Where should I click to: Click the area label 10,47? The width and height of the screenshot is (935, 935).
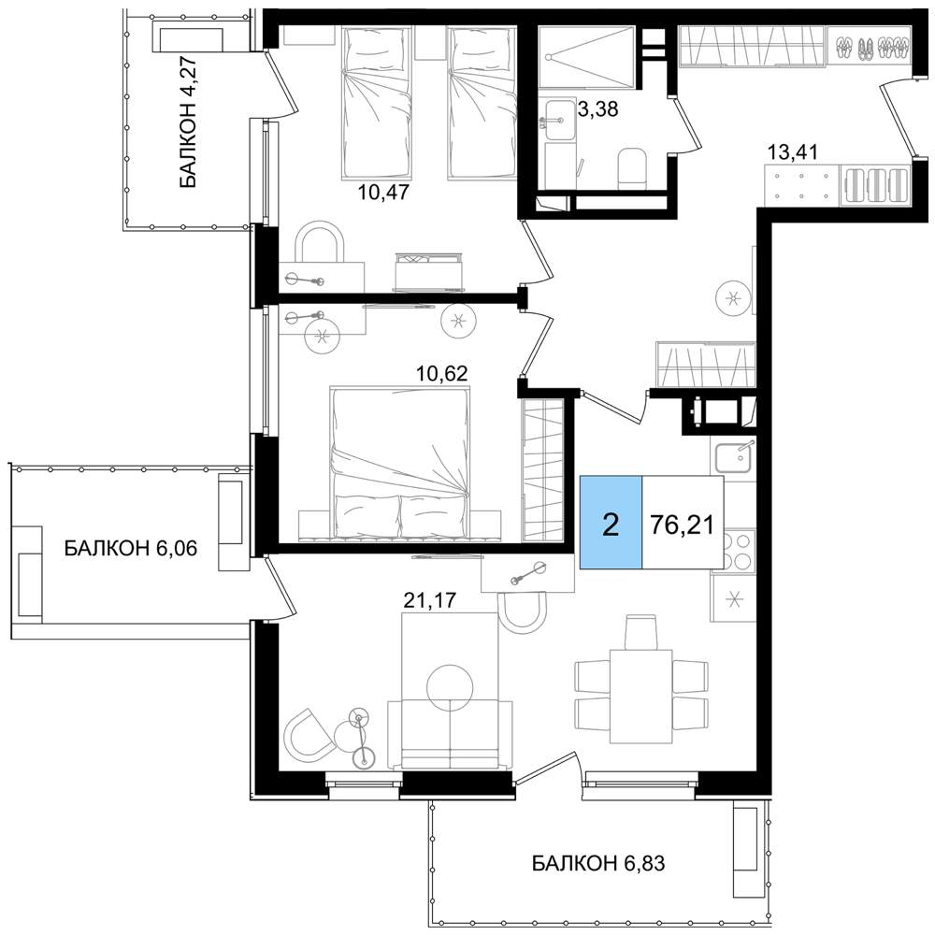tap(384, 192)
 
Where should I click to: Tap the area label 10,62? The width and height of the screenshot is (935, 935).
tap(442, 373)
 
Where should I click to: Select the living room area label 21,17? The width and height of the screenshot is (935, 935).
tap(429, 599)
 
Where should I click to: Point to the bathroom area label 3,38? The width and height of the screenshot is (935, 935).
tap(598, 109)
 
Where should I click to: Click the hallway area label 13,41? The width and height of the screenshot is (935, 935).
tap(793, 152)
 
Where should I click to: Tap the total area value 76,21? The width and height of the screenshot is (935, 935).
tap(683, 525)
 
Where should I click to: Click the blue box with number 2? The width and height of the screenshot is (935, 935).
tap(611, 523)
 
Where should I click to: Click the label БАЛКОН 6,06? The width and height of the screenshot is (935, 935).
tap(131, 547)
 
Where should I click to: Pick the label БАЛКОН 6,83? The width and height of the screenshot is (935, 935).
tap(598, 862)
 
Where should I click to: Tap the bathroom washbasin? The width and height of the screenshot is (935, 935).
tap(560, 121)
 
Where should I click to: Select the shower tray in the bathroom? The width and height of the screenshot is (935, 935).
tap(586, 57)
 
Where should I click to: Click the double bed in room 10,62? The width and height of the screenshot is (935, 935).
tap(399, 465)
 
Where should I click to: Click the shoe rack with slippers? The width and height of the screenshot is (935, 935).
tap(870, 47)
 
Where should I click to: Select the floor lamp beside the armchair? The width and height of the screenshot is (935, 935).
tap(360, 739)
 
